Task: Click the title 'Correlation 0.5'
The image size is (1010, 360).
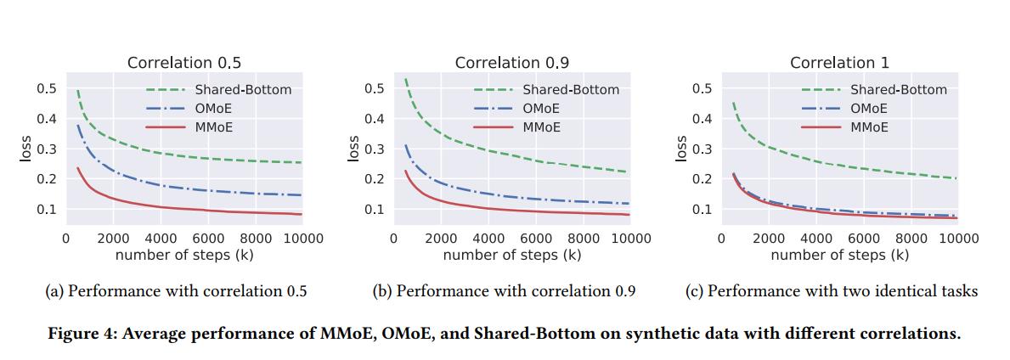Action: tap(183, 63)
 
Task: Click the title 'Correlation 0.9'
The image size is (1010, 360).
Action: tap(511, 63)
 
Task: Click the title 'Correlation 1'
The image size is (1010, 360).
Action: tap(839, 63)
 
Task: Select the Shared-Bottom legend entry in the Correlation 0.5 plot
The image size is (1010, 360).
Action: tap(243, 89)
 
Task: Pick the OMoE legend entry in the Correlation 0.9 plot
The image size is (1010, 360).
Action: tap(540, 109)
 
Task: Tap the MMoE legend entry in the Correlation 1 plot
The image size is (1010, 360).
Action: tap(869, 127)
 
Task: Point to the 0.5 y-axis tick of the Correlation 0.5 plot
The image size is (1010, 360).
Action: tap(47, 89)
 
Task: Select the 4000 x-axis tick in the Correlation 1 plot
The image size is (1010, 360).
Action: tap(816, 239)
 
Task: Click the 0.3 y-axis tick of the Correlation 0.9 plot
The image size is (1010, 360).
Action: tap(375, 149)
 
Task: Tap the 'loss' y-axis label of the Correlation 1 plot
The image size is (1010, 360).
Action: tap(680, 149)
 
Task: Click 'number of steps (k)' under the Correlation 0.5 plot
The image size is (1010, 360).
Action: tap(183, 254)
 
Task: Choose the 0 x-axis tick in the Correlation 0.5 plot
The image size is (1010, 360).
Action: tap(65, 239)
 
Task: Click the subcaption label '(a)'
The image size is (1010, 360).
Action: tap(54, 291)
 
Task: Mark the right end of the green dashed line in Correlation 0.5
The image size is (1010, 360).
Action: tap(301, 162)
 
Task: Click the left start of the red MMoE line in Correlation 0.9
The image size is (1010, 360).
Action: tap(405, 172)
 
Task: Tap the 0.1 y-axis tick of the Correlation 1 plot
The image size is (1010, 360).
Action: tap(702, 209)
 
